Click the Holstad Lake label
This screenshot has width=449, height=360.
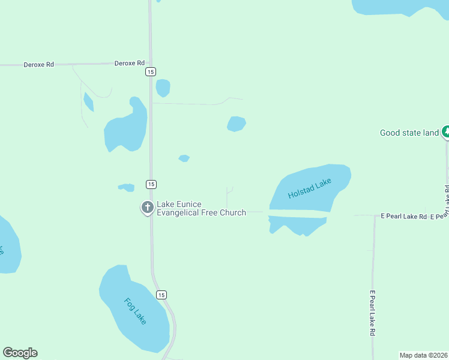[310, 188]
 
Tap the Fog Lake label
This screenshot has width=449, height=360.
[135, 311]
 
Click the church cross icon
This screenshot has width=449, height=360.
[147, 208]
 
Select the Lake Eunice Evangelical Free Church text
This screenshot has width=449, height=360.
[202, 208]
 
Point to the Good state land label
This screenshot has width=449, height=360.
[409, 133]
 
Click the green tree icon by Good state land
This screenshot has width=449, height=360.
[445, 131]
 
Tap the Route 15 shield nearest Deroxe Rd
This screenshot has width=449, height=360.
[151, 71]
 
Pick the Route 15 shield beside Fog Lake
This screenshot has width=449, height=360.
[161, 295]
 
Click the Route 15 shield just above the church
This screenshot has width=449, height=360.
[151, 184]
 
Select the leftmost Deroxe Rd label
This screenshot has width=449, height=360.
[38, 64]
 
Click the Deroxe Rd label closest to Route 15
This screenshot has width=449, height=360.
[130, 62]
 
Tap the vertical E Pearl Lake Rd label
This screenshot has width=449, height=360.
[372, 313]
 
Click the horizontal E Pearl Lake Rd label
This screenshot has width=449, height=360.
[404, 216]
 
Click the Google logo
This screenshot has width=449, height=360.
[20, 353]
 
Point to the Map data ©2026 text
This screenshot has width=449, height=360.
[423, 355]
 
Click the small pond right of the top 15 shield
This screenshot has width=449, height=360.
[163, 88]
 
